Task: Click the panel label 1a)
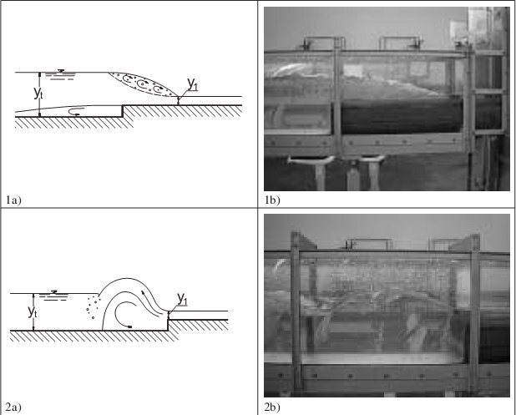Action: click(x=14, y=200)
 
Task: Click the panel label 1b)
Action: click(x=272, y=200)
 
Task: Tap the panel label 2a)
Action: click(x=14, y=407)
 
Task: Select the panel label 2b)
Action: click(x=272, y=407)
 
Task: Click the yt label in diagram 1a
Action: click(x=38, y=94)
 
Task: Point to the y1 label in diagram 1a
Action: click(x=193, y=84)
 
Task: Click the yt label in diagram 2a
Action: click(x=33, y=311)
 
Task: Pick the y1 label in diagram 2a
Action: click(x=182, y=299)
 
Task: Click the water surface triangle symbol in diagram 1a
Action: click(x=61, y=71)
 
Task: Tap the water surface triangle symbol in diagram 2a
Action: click(x=54, y=292)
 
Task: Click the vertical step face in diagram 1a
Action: click(x=123, y=111)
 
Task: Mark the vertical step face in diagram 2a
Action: click(x=168, y=325)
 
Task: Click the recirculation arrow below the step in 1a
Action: click(x=73, y=111)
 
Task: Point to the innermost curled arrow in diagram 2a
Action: click(x=123, y=315)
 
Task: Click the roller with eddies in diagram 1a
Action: click(x=143, y=84)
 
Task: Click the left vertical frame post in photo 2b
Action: click(x=296, y=312)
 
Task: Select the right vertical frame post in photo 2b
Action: click(x=474, y=312)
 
